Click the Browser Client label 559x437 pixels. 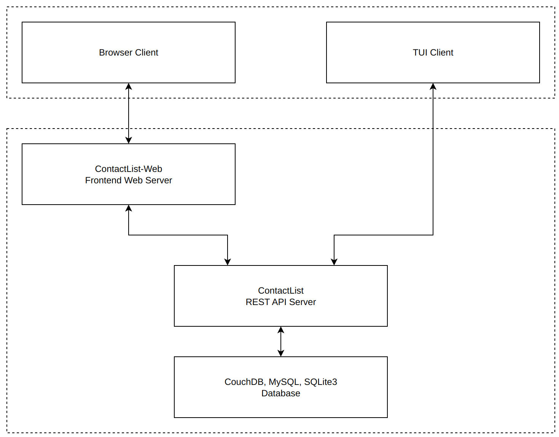(129, 52)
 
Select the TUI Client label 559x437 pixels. (433, 52)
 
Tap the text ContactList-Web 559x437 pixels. (129, 169)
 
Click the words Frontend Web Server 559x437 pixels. (129, 180)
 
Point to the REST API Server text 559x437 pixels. (281, 302)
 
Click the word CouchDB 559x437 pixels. (243, 382)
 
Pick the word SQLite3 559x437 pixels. (321, 382)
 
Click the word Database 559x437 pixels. (281, 393)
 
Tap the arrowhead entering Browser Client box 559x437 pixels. (129, 86)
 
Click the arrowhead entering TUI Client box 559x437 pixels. (433, 86)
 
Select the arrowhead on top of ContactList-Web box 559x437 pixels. (129, 140)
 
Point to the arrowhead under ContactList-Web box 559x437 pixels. (129, 208)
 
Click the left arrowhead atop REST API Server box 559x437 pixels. (228, 262)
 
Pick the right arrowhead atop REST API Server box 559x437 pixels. (334, 262)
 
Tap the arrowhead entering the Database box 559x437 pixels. (281, 353)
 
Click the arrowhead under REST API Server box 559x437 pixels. (281, 330)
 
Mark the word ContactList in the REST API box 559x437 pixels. (281, 291)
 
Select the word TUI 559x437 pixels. (420, 52)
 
